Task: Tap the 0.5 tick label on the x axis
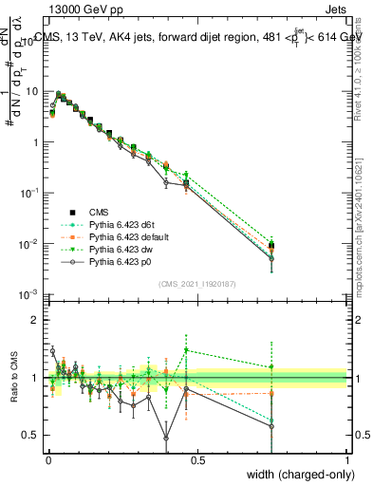pos(197,458)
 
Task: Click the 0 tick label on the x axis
pos(48,458)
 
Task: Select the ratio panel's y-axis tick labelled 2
pos(36,320)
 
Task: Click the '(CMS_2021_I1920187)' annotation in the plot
pos(196,284)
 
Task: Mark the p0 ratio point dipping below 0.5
pos(166,438)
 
